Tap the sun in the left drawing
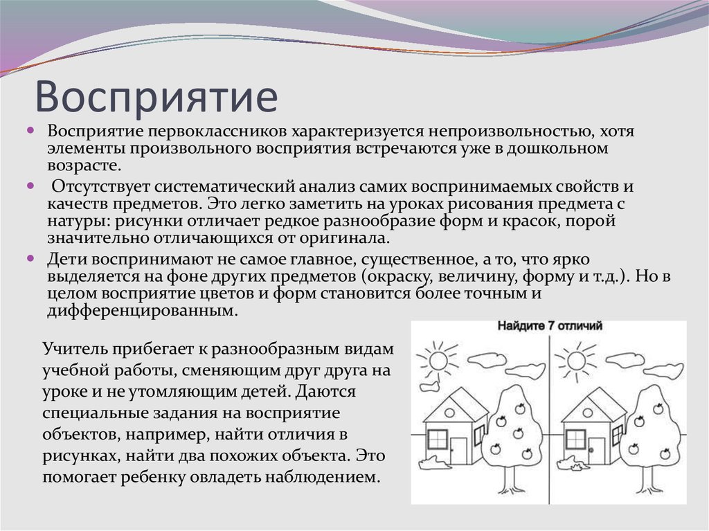point(437,359)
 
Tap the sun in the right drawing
point(574,359)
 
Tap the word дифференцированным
point(143,311)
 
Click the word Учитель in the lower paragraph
point(69,348)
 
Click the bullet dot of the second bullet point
point(31,186)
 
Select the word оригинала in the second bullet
point(340,237)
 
